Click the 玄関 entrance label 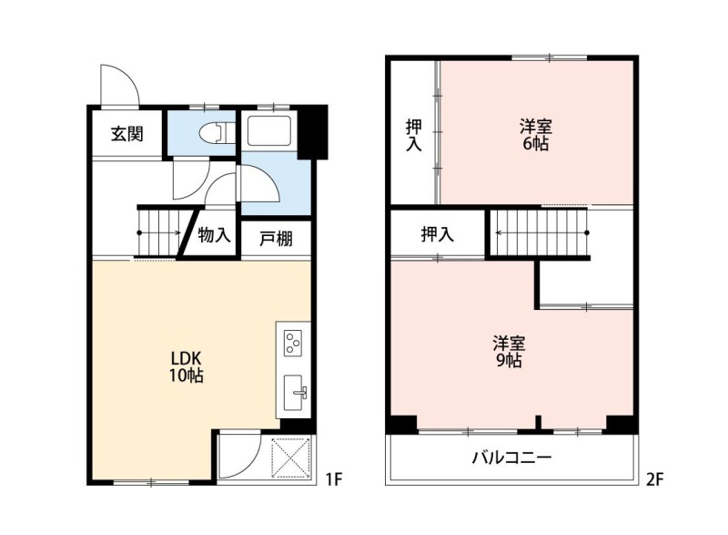126,134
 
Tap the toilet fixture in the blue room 217,133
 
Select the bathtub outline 269,130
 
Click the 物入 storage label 214,234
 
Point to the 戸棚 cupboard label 276,239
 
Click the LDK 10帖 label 186,366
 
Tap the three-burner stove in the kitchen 292,343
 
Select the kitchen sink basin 293,393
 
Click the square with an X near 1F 291,458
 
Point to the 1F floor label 333,478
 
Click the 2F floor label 654,478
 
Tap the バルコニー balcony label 511,458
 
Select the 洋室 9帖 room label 509,352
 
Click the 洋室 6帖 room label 536,135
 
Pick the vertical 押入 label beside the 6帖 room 414,135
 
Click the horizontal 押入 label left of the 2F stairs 437,234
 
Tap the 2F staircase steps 539,232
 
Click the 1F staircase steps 159,232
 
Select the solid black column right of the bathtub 312,132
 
